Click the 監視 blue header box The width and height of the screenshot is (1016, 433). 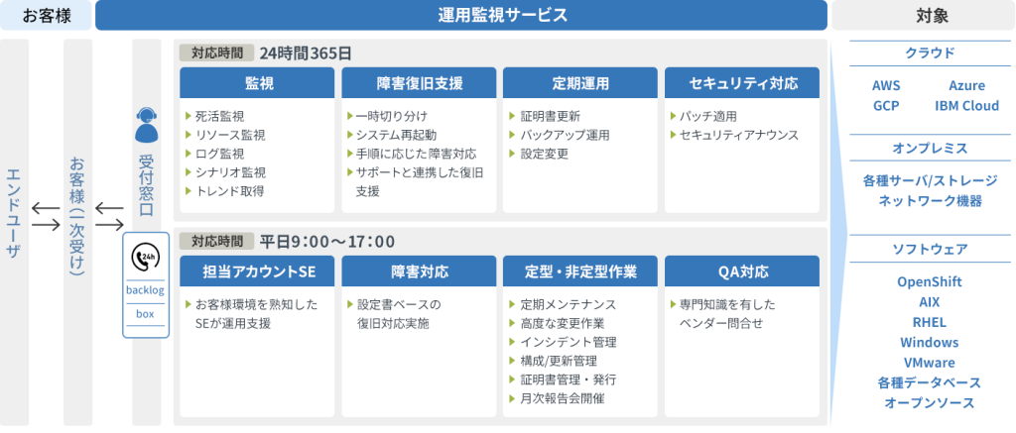click(257, 83)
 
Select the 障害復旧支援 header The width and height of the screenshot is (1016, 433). click(419, 83)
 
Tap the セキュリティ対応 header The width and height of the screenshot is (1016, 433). click(742, 83)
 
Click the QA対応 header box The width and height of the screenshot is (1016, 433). click(742, 271)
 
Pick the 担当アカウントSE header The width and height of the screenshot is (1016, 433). click(257, 271)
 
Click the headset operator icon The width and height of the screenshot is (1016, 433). click(146, 125)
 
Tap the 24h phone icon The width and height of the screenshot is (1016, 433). click(145, 258)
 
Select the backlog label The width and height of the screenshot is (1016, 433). click(145, 290)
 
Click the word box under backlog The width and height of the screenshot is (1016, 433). click(145, 314)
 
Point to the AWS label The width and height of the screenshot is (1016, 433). click(886, 85)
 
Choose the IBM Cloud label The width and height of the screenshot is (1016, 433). click(966, 105)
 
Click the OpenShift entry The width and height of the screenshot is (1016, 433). click(929, 282)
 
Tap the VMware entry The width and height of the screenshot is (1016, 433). click(929, 363)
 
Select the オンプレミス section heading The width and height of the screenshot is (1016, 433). click(930, 149)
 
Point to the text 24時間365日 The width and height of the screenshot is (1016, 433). click(306, 54)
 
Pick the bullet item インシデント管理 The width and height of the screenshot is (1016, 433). click(568, 343)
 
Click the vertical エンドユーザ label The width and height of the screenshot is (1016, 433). click(14, 213)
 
